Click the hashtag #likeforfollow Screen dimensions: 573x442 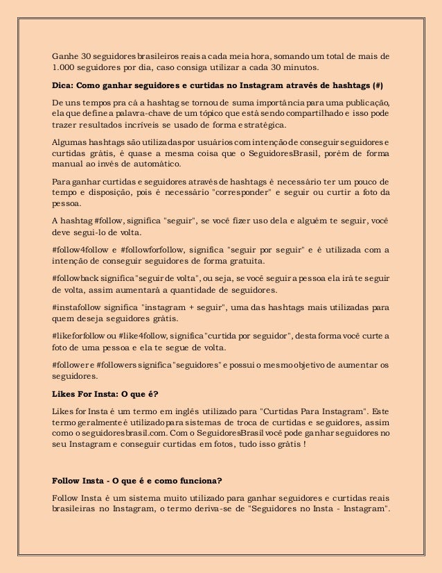[x=80, y=335]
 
